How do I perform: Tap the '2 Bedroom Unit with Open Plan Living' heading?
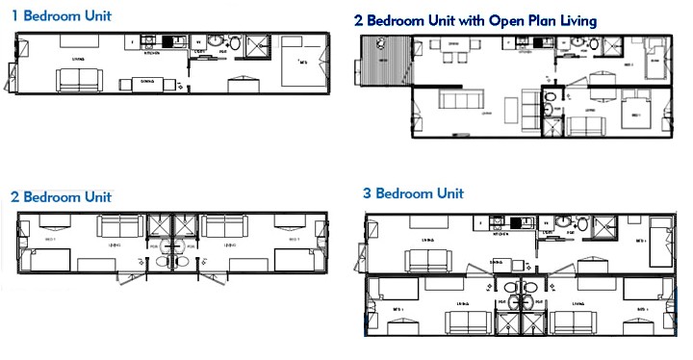pyautogui.click(x=475, y=19)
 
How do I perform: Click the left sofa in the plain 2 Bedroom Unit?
pyautogui.click(x=118, y=227)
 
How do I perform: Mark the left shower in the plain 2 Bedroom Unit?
pyautogui.click(x=158, y=228)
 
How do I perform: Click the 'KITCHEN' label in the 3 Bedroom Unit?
pyautogui.click(x=500, y=234)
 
